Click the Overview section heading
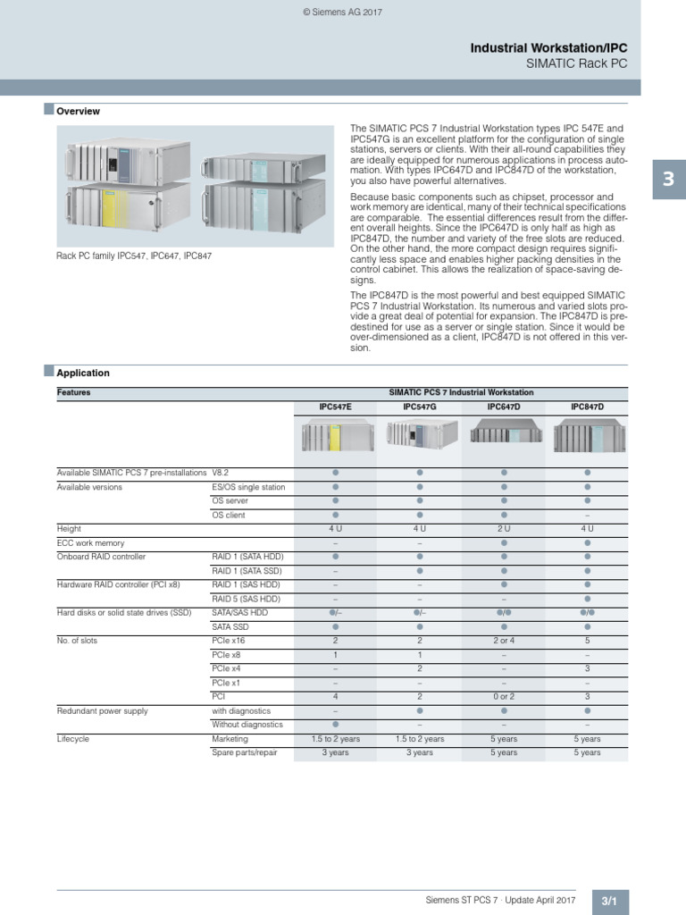(x=78, y=112)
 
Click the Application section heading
(x=83, y=374)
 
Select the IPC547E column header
(x=335, y=407)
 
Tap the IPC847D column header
(x=587, y=407)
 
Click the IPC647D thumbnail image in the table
(x=503, y=435)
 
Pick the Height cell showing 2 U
(x=503, y=529)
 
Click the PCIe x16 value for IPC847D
(x=587, y=641)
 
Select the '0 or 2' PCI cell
(x=503, y=696)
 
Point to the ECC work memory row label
(x=90, y=543)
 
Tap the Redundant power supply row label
(x=102, y=710)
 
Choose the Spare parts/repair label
(x=245, y=752)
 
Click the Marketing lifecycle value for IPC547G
(x=419, y=739)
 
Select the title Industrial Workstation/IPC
(x=556, y=48)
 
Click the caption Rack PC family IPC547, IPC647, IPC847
(x=134, y=256)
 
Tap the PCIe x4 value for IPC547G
(x=419, y=668)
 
